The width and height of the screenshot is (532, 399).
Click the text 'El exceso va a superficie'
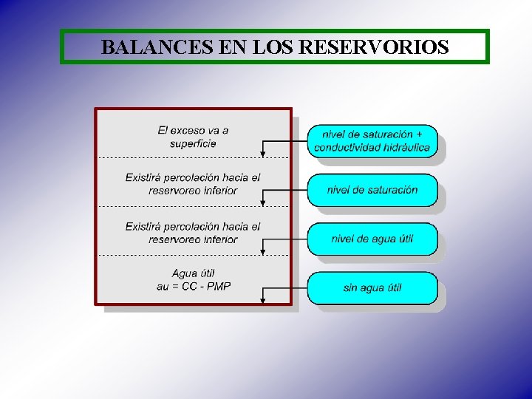pyautogui.click(x=193, y=137)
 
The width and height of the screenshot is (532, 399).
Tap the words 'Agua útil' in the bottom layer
pyautogui.click(x=193, y=273)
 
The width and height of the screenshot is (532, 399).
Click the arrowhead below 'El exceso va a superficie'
pyautogui.click(x=262, y=154)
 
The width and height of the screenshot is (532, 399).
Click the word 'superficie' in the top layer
pyautogui.click(x=193, y=143)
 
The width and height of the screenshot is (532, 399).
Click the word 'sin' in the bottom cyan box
pyautogui.click(x=350, y=287)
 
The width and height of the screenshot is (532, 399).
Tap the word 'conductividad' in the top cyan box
pyautogui.click(x=347, y=147)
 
